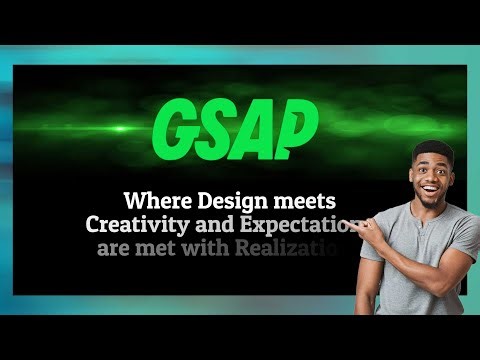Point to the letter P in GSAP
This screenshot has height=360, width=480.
(x=297, y=127)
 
